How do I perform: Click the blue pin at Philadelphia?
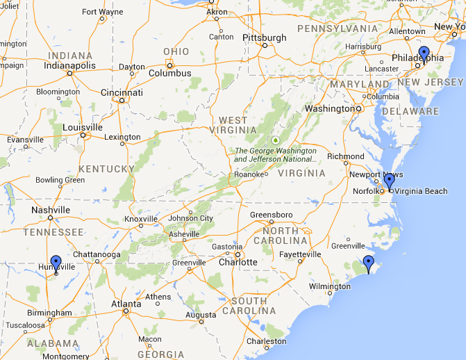pos(424,54)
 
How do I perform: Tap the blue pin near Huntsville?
pos(56,263)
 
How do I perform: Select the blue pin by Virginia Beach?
pos(389,181)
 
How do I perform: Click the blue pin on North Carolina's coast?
pos(368,263)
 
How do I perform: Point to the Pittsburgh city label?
pos(264,38)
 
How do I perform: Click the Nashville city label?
pos(50,210)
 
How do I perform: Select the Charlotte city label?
pos(238,263)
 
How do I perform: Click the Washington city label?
pos(329,108)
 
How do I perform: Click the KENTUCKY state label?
pos(106,169)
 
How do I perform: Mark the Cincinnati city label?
pos(122,92)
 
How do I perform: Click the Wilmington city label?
pos(330,286)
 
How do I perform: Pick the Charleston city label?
pos(266,341)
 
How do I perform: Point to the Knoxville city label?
pos(141,219)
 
